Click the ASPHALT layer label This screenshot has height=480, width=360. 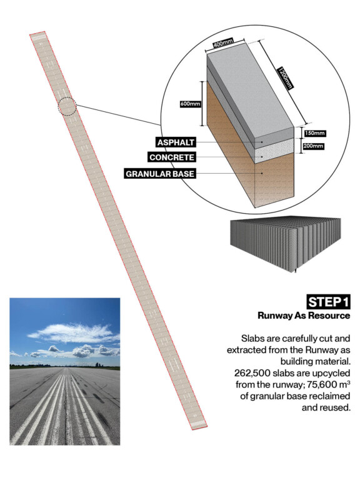click(x=176, y=142)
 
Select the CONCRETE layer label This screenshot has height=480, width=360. click(x=172, y=157)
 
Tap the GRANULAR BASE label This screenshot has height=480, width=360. click(x=160, y=174)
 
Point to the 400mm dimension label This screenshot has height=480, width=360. click(x=224, y=43)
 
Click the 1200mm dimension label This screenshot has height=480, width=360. click(x=285, y=78)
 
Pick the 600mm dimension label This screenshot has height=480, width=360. click(x=191, y=104)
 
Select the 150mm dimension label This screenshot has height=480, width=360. click(x=315, y=134)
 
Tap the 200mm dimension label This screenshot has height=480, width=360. click(x=313, y=146)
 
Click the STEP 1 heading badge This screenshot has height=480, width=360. click(x=328, y=302)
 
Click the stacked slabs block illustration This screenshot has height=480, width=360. click(x=285, y=244)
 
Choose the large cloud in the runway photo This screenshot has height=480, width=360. click(x=75, y=333)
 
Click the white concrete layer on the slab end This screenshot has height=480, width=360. click(x=274, y=151)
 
